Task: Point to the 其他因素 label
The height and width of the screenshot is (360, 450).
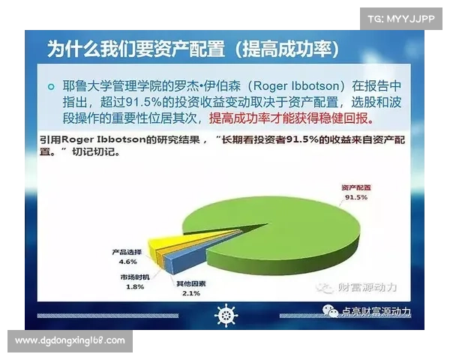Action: (190, 284)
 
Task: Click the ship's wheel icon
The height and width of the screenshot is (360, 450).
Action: (226, 315)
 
